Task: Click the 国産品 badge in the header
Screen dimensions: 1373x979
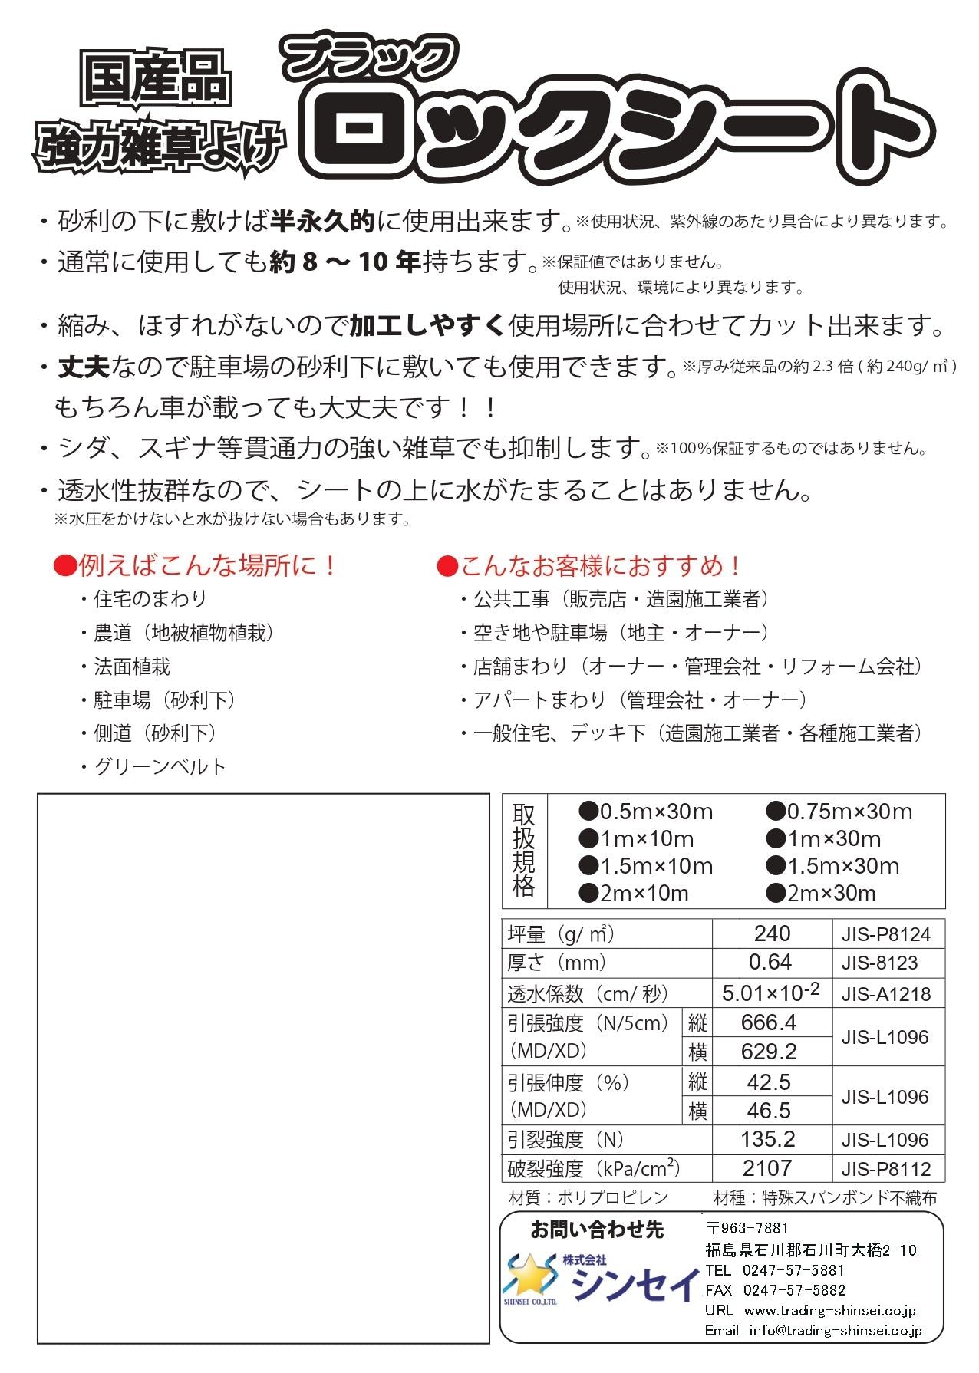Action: [156, 80]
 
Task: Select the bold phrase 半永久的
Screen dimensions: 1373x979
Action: [322, 222]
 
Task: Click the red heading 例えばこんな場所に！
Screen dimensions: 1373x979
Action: [196, 566]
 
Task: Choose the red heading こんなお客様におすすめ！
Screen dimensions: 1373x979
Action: [589, 566]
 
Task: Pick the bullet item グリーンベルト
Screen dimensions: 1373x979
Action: [160, 766]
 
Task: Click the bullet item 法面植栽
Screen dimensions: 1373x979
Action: [131, 667]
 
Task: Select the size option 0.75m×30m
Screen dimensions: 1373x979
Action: [840, 812]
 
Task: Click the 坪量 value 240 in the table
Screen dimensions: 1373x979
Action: [772, 933]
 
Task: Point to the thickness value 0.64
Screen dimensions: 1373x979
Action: [770, 962]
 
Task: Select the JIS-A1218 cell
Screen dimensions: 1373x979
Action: [886, 994]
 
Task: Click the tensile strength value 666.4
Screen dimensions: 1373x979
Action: [769, 1022]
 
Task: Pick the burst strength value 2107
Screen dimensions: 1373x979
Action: [767, 1168]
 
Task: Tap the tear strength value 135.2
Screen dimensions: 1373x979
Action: [768, 1139]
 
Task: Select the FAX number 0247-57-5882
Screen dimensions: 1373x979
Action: [794, 1290]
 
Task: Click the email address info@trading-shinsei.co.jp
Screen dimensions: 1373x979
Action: [836, 1330]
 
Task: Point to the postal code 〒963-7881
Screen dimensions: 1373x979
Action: [747, 1228]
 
